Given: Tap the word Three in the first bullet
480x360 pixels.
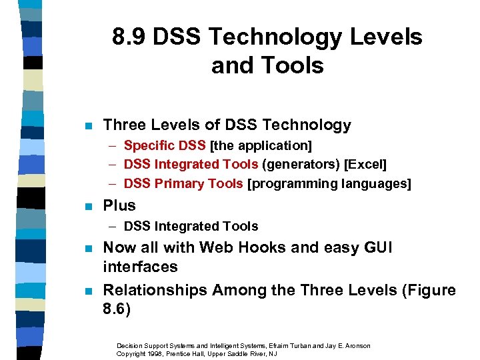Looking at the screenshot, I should [122, 125].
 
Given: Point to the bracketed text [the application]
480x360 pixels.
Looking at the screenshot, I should [261, 145].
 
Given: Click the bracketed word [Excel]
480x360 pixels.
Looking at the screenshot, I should [365, 164].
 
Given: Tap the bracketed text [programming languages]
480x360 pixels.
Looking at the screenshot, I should [329, 183].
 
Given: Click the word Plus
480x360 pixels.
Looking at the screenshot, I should [120, 205].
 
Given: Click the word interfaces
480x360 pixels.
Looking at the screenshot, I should [140, 267].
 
